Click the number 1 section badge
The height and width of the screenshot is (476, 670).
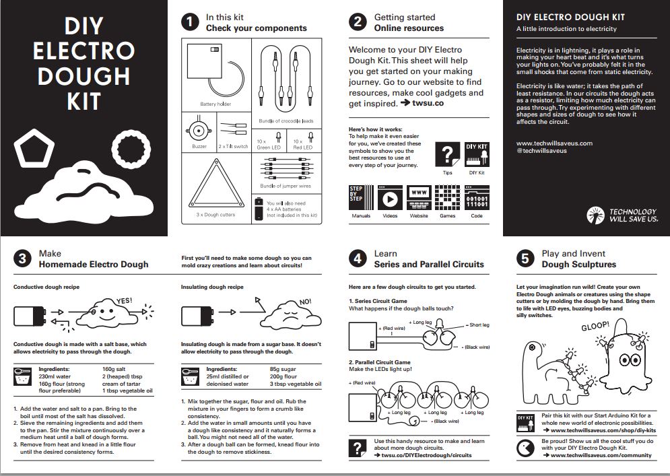191,22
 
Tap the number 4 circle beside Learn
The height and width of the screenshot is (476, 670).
358,259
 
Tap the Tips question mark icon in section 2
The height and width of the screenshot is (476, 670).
447,154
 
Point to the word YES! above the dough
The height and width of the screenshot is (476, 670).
124,301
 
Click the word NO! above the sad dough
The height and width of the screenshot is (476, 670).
305,301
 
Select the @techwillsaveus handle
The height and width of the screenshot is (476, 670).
541,151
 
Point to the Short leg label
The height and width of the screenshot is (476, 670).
479,325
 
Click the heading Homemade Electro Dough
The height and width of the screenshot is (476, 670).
94,265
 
